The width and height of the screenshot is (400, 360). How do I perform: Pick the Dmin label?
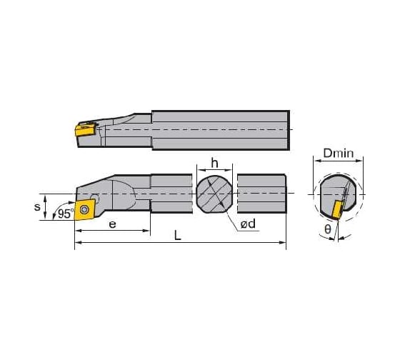(339, 154)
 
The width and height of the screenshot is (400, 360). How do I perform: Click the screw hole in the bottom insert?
(84, 209)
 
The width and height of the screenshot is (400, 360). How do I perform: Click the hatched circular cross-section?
(214, 194)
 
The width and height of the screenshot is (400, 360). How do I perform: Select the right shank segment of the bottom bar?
(261, 194)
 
